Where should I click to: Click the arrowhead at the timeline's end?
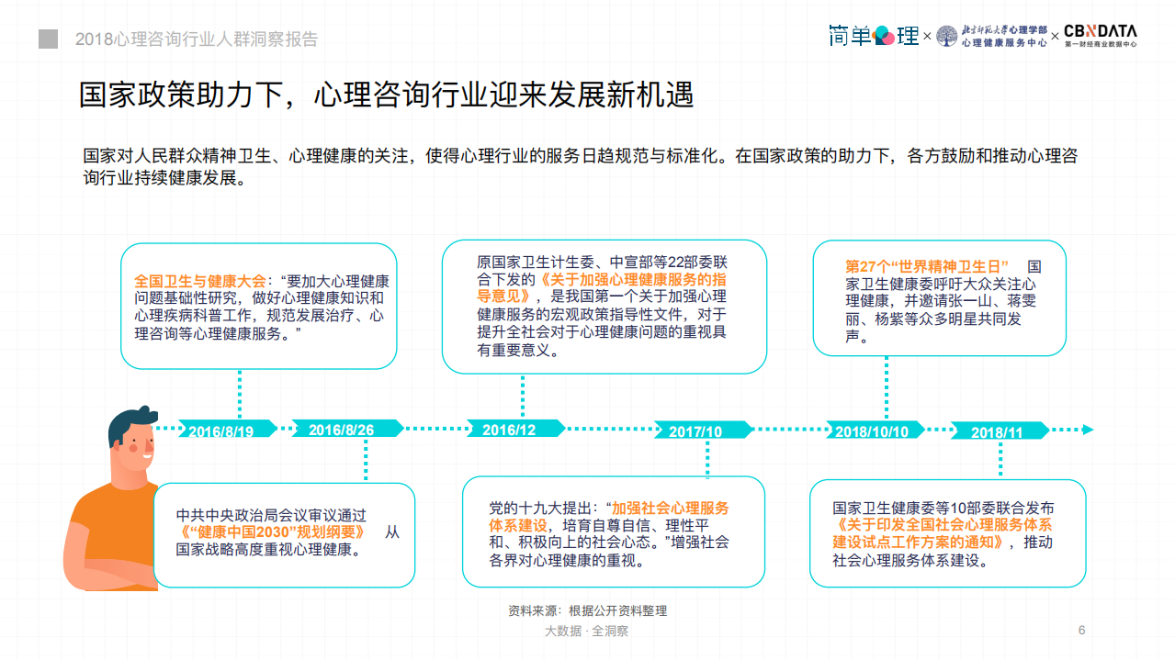click(1088, 430)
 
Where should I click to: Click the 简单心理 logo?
click(873, 36)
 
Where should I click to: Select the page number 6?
click(1081, 630)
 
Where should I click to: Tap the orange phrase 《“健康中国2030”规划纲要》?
click(272, 532)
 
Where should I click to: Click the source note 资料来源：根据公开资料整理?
click(587, 610)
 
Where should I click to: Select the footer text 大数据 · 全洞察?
click(586, 631)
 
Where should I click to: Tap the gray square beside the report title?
click(48, 39)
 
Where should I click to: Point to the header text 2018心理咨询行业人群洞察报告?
click(197, 39)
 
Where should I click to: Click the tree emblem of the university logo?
click(946, 36)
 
